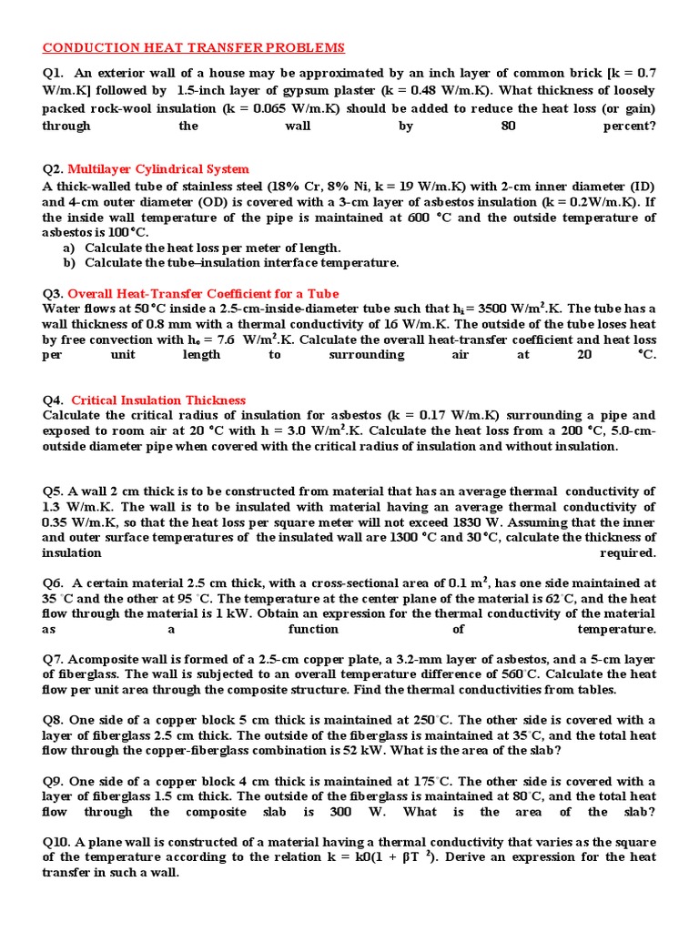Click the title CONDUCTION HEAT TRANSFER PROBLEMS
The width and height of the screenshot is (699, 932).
[194, 47]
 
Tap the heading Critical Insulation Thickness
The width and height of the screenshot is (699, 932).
[158, 400]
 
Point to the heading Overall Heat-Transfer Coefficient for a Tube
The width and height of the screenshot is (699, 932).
[203, 293]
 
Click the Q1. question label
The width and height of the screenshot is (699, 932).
[53, 74]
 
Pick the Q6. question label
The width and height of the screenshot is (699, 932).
[53, 582]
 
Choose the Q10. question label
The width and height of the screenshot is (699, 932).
[56, 841]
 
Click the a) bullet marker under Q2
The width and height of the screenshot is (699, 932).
[68, 248]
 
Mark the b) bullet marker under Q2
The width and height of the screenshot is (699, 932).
[68, 263]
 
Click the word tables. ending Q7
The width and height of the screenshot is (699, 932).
[590, 689]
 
